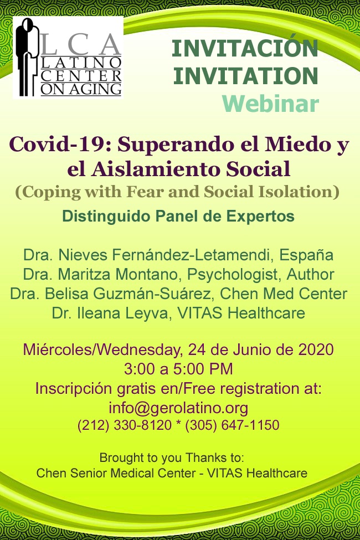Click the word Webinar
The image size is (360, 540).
(270, 104)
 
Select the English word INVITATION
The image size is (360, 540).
(245, 76)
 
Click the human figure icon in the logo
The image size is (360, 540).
(27, 57)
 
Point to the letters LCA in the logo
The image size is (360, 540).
(81, 45)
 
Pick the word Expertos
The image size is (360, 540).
(260, 216)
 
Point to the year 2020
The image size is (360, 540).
(316, 349)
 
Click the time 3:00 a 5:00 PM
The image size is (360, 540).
(178, 369)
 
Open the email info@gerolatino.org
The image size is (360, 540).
(178, 408)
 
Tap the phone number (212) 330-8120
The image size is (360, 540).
(125, 425)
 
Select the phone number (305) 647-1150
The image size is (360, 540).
(232, 425)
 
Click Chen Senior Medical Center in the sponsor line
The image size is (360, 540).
(116, 473)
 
